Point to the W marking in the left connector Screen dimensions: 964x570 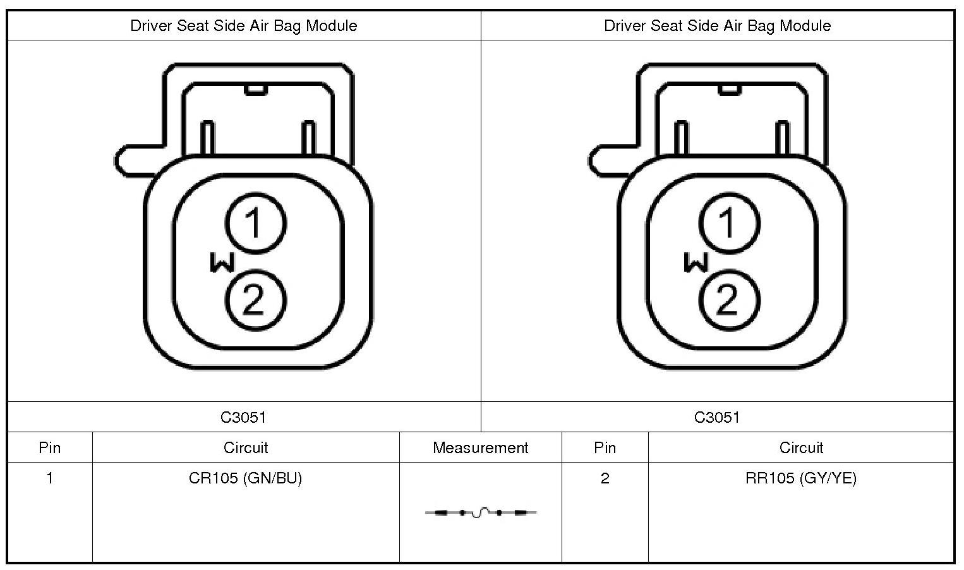[x=222, y=262]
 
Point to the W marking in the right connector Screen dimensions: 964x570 [x=696, y=262]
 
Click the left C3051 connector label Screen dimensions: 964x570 [x=243, y=417]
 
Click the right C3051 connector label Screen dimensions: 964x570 [x=717, y=417]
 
